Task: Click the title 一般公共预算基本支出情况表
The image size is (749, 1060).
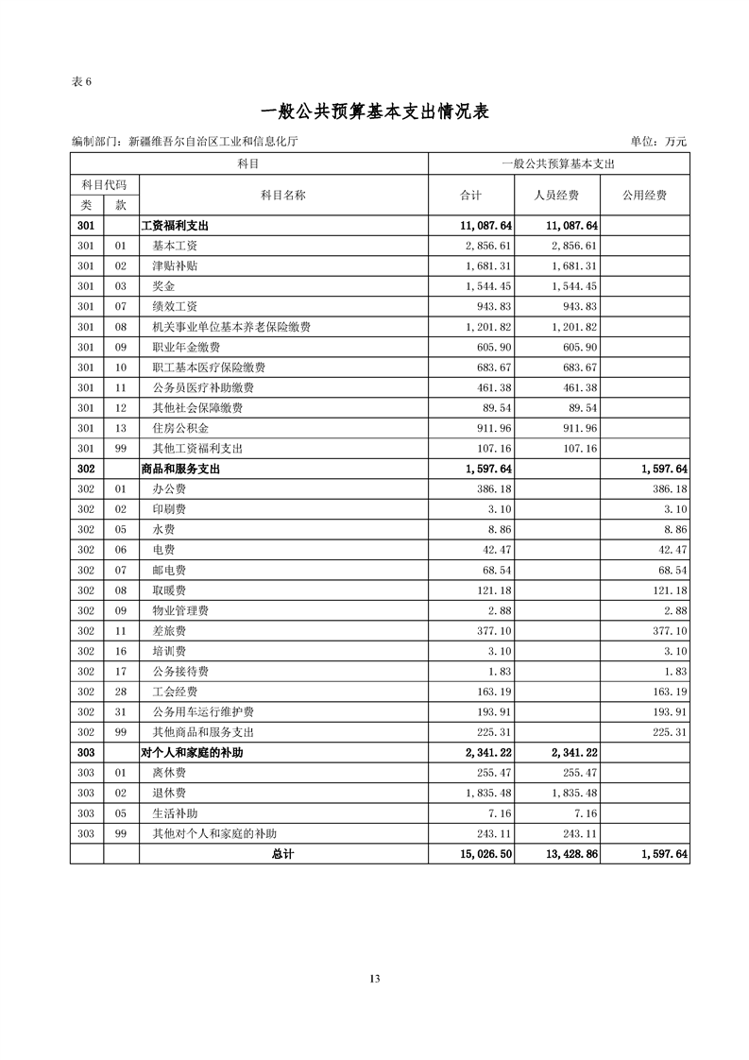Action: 374,111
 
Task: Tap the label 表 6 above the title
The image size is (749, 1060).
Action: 81,80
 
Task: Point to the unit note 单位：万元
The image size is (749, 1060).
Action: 657,142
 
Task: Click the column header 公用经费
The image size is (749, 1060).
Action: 644,196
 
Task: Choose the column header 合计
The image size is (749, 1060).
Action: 470,196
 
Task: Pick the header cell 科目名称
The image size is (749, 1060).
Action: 283,196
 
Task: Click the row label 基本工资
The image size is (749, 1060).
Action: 175,246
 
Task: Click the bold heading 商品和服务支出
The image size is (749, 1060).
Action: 180,469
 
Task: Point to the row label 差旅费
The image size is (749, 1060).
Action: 169,631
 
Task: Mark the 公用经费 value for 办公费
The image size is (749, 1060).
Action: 665,489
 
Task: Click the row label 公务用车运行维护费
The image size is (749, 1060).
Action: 203,712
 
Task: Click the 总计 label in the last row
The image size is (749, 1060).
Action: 282,854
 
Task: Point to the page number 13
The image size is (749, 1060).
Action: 375,979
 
